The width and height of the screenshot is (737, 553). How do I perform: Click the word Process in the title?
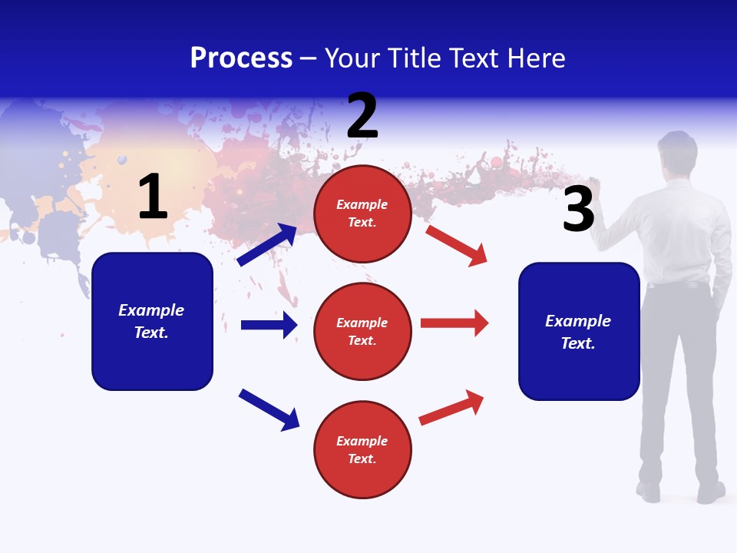[x=241, y=58]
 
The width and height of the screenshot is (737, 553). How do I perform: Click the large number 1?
[x=153, y=197]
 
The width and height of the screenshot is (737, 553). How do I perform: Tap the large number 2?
[x=362, y=116]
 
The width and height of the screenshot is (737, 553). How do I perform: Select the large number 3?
[x=578, y=210]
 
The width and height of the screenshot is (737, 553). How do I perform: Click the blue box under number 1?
[x=152, y=321]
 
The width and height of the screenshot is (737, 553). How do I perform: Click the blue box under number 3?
[x=579, y=331]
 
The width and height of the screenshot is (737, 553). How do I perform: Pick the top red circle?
[x=362, y=214]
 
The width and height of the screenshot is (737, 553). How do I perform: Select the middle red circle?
[x=362, y=331]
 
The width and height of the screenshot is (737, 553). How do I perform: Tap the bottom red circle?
[x=362, y=449]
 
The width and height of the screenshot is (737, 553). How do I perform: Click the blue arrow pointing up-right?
[x=267, y=245]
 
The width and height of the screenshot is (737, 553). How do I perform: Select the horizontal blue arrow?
[x=269, y=325]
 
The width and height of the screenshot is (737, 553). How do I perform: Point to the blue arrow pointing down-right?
[x=269, y=409]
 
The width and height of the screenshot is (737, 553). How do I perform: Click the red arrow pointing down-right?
[x=457, y=245]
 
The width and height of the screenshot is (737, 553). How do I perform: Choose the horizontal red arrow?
[x=454, y=323]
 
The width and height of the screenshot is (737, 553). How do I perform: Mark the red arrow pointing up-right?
[x=451, y=407]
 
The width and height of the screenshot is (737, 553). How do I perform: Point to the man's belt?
[x=676, y=285]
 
